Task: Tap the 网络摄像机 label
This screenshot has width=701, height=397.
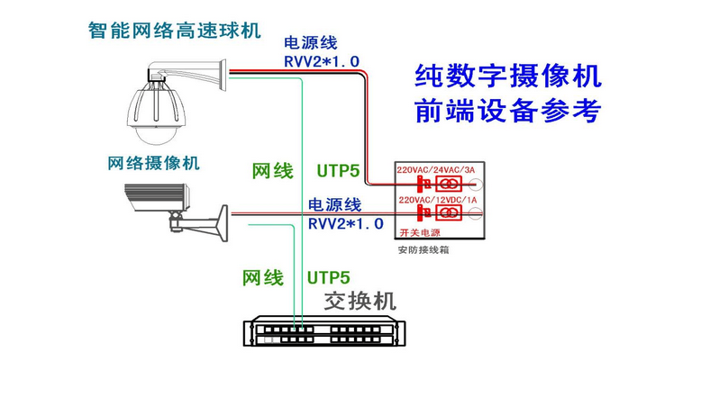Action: coord(153,164)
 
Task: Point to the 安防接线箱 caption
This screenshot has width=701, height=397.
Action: coord(423,250)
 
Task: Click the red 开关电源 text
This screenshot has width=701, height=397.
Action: coord(416,231)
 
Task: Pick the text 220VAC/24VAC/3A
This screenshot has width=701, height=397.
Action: coord(436,169)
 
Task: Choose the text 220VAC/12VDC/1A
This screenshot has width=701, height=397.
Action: coord(436,199)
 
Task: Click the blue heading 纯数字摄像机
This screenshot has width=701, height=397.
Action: coord(507,76)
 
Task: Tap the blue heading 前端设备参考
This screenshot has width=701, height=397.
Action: coord(507,111)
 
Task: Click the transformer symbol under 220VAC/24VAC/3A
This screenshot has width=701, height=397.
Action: coord(448,183)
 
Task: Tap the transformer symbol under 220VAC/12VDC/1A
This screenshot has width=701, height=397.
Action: coord(448,213)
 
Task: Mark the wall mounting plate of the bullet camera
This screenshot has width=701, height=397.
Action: coord(223,222)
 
